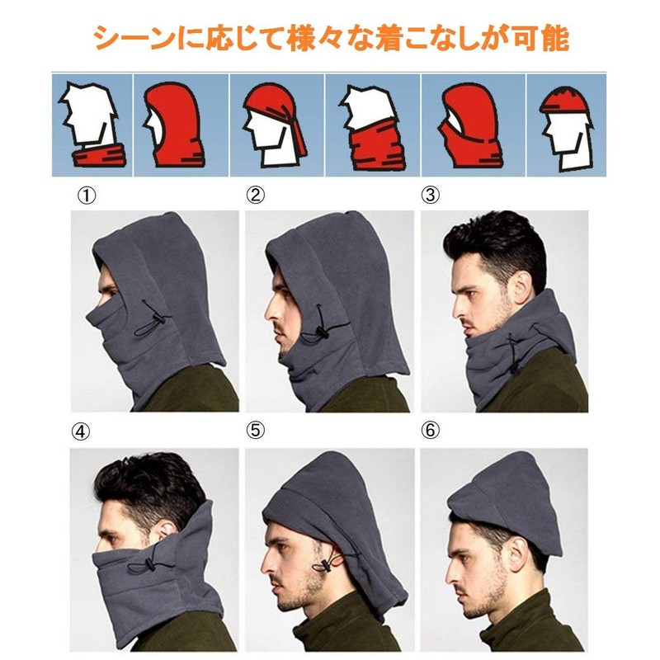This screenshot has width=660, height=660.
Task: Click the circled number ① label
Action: (x=87, y=196)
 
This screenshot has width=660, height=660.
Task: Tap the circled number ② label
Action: (x=256, y=195)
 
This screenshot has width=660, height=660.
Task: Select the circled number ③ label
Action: (x=430, y=195)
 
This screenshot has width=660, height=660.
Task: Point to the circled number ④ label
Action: (x=80, y=431)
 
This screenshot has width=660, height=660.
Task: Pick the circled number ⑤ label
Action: (x=256, y=431)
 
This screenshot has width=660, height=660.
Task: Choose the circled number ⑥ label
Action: (x=430, y=430)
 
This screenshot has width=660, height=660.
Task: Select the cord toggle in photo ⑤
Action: (x=327, y=564)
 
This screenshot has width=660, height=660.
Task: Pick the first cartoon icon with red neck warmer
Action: (x=92, y=125)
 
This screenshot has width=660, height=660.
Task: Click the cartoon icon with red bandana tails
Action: (x=276, y=125)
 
